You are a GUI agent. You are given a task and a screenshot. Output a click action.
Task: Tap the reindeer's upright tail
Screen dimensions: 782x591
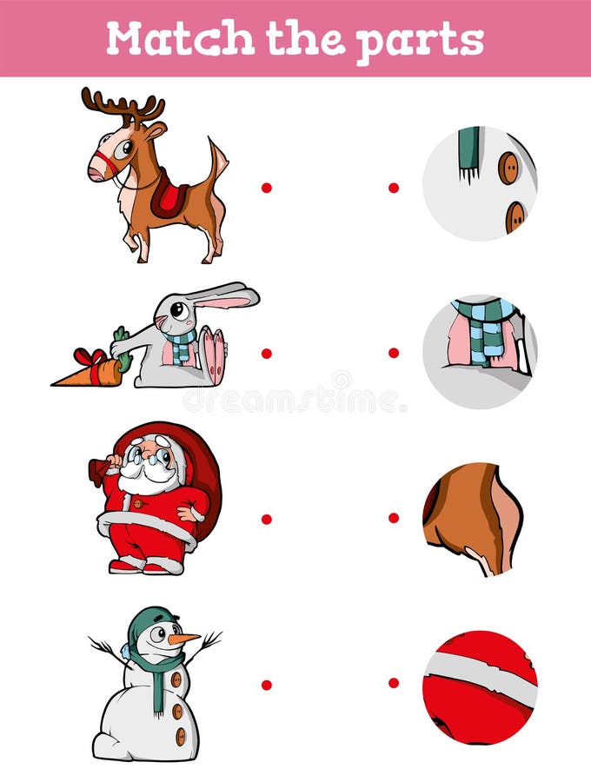coord(216,161)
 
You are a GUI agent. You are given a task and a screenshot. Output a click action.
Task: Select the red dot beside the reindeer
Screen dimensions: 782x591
coord(266,187)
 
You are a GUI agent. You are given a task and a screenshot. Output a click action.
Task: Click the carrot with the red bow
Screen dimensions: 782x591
coord(91,370)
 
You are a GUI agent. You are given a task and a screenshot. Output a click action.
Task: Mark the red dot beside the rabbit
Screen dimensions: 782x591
coord(266,353)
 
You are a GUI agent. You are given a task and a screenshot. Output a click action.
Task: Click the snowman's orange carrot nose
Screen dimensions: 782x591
coord(183,639)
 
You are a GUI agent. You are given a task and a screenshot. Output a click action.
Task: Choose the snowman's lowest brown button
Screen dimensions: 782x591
coord(181,737)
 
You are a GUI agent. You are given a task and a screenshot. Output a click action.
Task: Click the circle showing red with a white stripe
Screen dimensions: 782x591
coord(480,686)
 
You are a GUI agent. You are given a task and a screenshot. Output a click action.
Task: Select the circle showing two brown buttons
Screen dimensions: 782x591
coord(480,183)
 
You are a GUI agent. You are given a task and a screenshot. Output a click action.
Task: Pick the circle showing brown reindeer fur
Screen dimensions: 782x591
coord(474,519)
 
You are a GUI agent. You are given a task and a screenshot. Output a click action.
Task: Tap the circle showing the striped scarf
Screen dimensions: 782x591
coord(480,350)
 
